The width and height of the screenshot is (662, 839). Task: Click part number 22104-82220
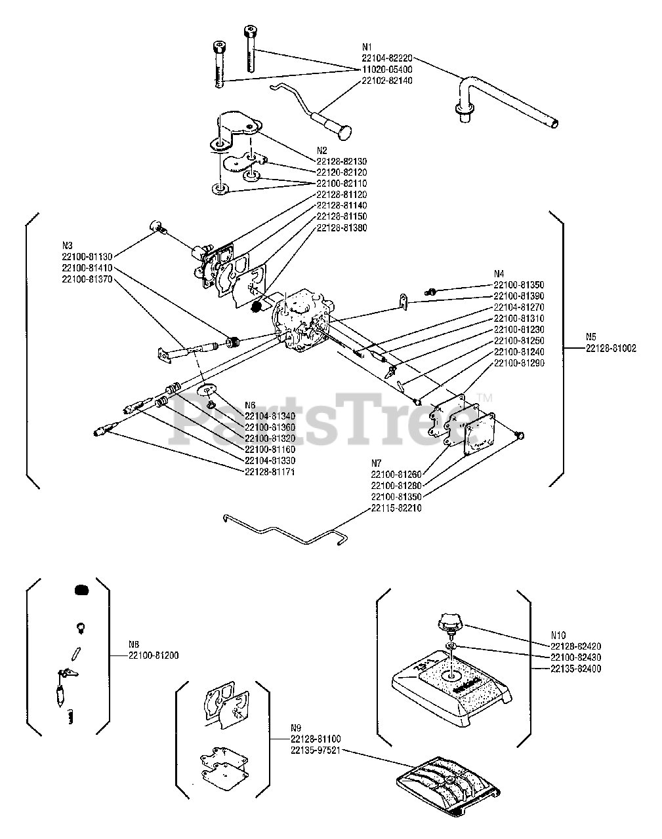(387, 58)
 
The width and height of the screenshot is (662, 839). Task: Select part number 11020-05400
(387, 69)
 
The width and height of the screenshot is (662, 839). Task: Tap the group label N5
(590, 338)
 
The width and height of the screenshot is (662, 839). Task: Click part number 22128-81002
(611, 349)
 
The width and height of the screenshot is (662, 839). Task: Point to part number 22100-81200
(154, 655)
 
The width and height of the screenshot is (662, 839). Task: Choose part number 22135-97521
(316, 750)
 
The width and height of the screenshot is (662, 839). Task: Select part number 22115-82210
(396, 508)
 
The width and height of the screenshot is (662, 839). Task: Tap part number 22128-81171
(270, 472)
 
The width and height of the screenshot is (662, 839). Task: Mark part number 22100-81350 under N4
(518, 285)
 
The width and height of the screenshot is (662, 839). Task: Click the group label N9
(296, 728)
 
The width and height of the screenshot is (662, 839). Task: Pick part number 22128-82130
(341, 161)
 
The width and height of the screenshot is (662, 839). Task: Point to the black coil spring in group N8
(81, 590)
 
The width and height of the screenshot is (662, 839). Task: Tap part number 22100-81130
(87, 256)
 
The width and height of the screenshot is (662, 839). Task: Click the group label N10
(558, 634)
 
